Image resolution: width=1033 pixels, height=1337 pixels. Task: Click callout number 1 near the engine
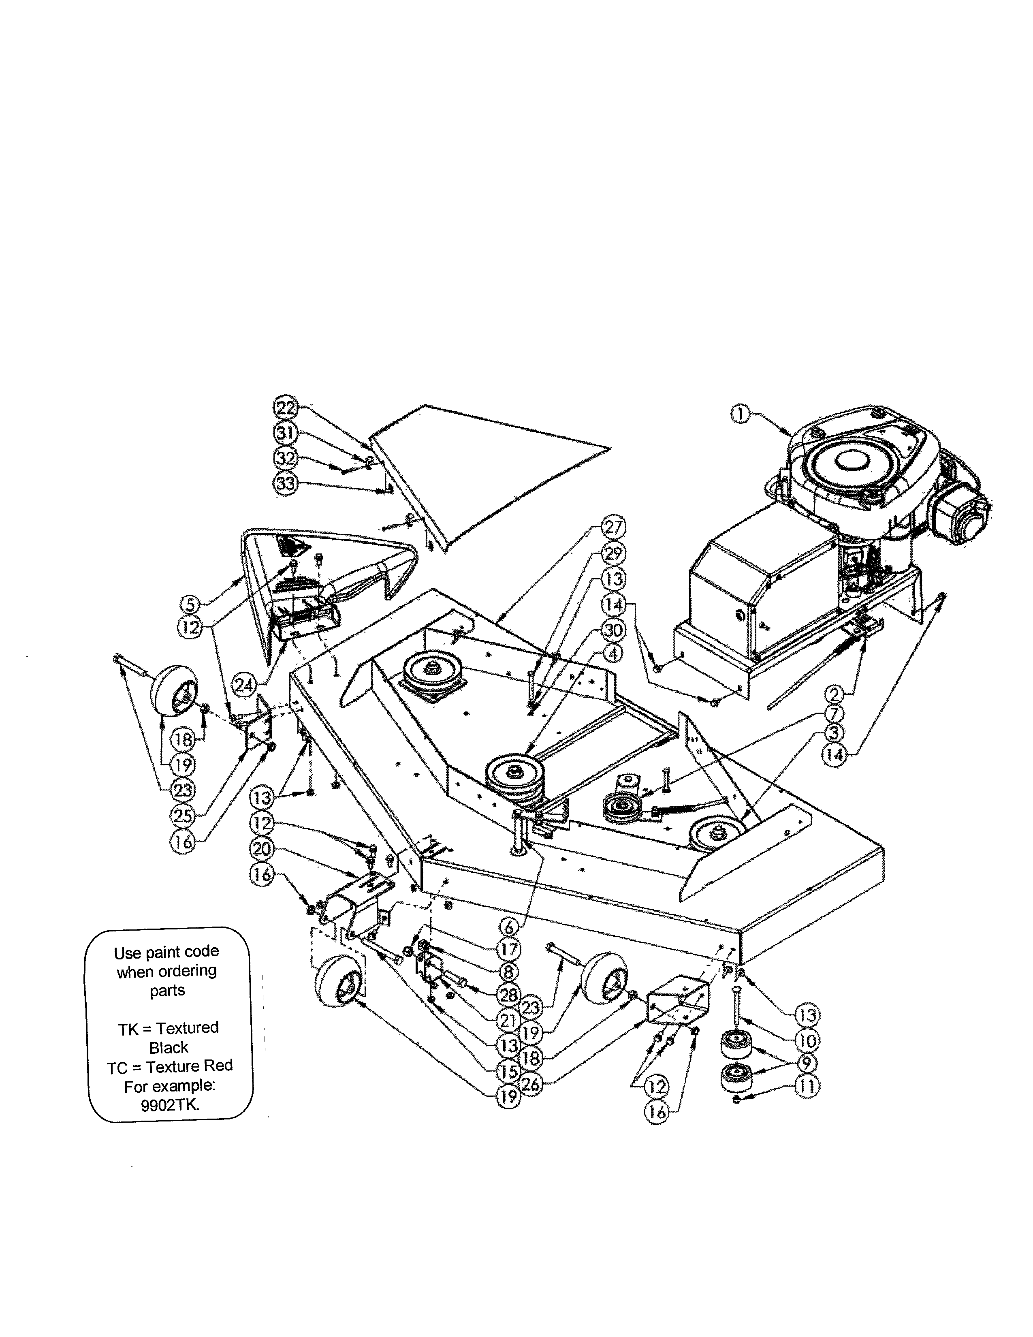pos(740,414)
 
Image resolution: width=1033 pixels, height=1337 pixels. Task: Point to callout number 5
pos(190,605)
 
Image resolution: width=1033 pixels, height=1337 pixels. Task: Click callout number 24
pos(244,686)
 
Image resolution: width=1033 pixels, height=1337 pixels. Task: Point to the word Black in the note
pos(169,1047)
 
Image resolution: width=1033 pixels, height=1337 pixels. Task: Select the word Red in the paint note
pos(218,1066)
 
